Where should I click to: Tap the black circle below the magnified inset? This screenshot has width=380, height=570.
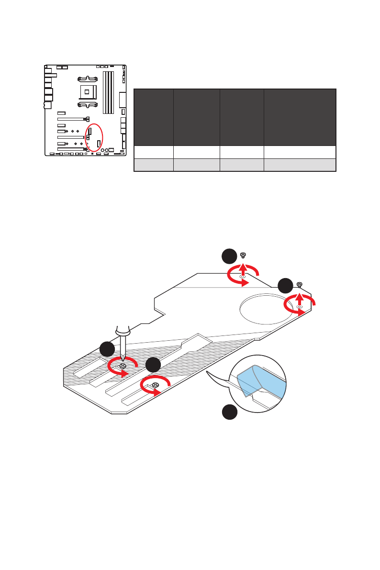[230, 413]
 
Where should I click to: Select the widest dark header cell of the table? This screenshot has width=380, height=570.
[300, 117]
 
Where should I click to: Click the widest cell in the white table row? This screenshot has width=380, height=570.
[300, 152]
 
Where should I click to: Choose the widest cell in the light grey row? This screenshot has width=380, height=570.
[300, 164]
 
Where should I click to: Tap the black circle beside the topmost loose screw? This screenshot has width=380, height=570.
[229, 256]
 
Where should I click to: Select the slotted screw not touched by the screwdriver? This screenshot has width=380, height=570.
[155, 385]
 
